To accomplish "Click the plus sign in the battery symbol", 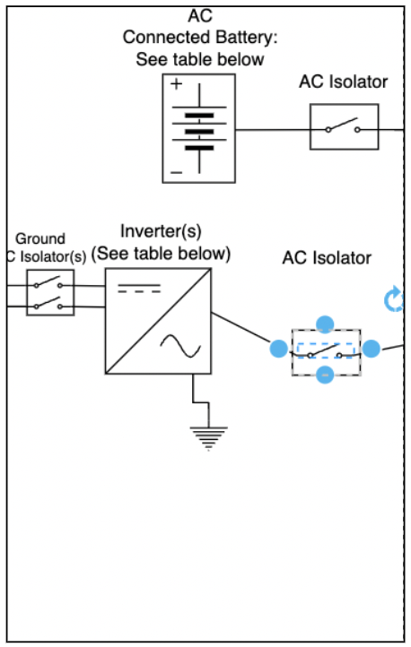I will (176, 85).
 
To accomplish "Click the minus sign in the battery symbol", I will (176, 170).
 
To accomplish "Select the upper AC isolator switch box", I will (344, 127).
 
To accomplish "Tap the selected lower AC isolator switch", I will (326, 350).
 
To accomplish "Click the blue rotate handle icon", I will (394, 300).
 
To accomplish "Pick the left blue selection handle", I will (280, 349).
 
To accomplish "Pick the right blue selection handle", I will (372, 349).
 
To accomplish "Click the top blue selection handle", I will (326, 323).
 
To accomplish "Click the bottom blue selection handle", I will (326, 375).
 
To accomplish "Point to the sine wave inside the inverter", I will (179, 345).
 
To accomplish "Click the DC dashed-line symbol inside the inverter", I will (141, 290).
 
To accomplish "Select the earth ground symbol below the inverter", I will (208, 437).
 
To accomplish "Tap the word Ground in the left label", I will (40, 238).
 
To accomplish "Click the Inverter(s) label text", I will (160, 233).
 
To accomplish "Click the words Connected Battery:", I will (200, 38).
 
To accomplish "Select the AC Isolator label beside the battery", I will (343, 82).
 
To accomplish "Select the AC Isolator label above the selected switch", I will (326, 258).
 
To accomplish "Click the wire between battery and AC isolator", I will (272, 129).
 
